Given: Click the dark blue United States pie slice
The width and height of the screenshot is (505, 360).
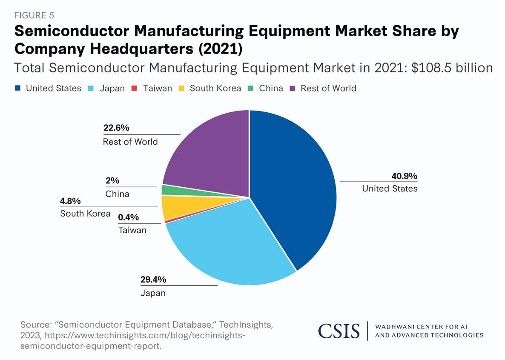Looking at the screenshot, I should [294, 187].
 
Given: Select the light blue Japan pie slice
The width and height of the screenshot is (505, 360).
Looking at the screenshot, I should [230, 243].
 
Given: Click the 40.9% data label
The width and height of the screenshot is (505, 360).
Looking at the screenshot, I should [404, 176].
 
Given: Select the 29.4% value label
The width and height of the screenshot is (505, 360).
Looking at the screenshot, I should [153, 280].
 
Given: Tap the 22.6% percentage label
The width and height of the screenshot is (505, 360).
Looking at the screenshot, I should [116, 128].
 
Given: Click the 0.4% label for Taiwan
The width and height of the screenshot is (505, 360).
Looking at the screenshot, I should [129, 217].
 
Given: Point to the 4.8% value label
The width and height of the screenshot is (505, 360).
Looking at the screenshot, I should [71, 201].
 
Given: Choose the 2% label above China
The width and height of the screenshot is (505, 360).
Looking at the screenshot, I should [112, 181].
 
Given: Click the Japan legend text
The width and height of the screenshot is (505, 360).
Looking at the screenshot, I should [112, 89].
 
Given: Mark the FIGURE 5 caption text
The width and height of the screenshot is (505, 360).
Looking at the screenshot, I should [34, 16].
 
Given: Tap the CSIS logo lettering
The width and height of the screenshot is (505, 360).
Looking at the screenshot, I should [339, 331].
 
